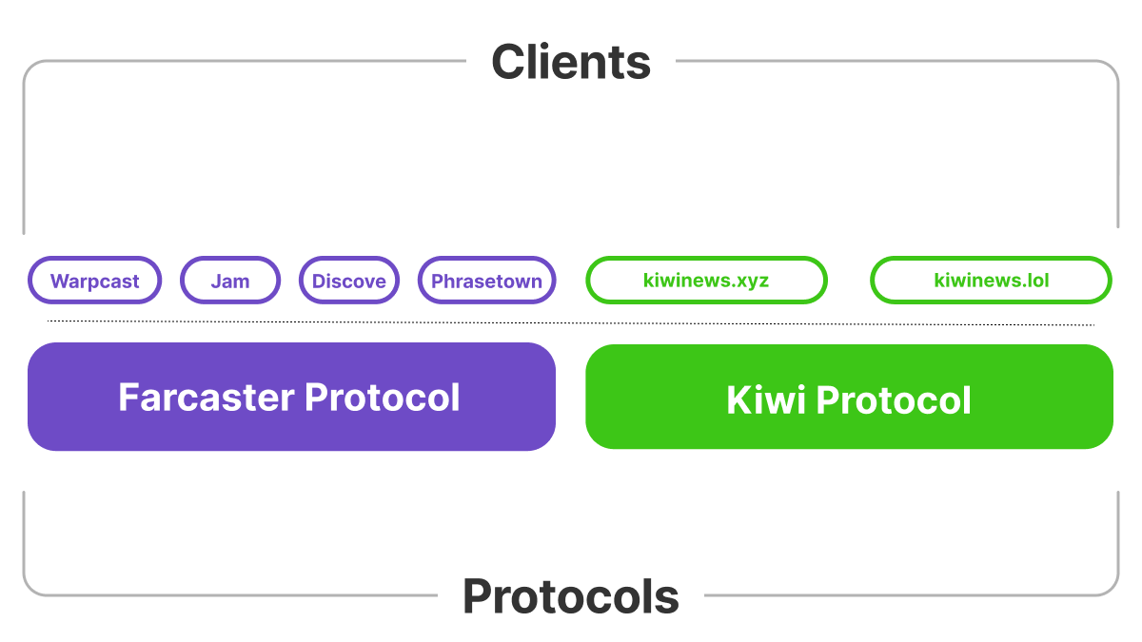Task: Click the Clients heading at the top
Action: click(571, 62)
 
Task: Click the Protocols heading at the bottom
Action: click(571, 596)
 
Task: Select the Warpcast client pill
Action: click(95, 281)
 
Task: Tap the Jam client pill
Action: click(230, 281)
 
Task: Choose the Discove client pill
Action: click(349, 281)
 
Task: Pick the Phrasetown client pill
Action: click(487, 281)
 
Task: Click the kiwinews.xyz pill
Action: click(706, 281)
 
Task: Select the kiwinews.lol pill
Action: click(991, 281)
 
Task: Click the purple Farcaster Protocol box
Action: click(291, 397)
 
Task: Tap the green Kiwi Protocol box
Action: click(849, 397)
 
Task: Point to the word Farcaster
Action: click(207, 398)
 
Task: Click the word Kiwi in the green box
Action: click(766, 400)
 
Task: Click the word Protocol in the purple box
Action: click(383, 398)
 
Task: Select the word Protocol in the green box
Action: click(894, 400)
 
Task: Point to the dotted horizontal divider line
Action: click(571, 322)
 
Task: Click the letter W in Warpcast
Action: click(61, 281)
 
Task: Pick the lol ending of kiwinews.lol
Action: click(1037, 281)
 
